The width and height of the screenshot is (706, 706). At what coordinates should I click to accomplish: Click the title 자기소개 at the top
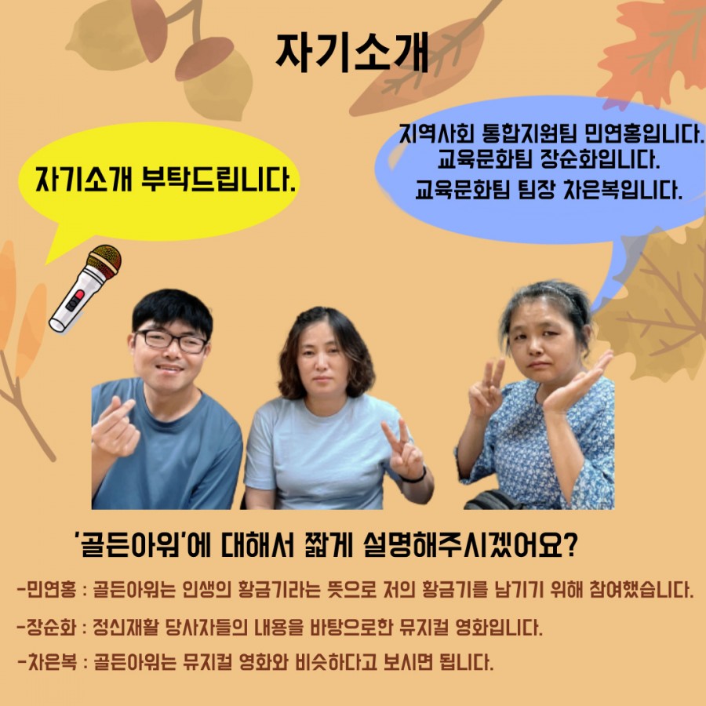(351, 53)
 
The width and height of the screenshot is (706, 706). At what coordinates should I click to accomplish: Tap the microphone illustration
(86, 288)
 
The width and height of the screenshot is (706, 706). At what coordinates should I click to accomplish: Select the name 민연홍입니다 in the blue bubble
(644, 133)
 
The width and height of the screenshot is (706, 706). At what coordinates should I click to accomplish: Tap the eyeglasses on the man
(171, 341)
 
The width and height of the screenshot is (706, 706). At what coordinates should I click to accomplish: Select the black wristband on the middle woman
(414, 476)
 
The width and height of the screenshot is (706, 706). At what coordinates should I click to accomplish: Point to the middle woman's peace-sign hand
(403, 450)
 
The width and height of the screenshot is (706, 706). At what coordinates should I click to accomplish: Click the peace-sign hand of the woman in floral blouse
(486, 388)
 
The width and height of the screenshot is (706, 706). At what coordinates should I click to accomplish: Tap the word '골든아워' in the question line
(133, 545)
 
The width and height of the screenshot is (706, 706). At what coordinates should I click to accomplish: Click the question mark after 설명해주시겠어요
(570, 545)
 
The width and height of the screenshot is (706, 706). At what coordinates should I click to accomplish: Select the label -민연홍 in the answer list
(46, 589)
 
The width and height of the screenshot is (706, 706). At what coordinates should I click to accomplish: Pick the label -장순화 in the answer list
(46, 627)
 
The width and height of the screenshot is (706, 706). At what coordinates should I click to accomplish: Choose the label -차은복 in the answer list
(47, 662)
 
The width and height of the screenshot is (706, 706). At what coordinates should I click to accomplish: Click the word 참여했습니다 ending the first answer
(641, 589)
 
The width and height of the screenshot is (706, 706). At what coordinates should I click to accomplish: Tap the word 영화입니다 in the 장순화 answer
(499, 627)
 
